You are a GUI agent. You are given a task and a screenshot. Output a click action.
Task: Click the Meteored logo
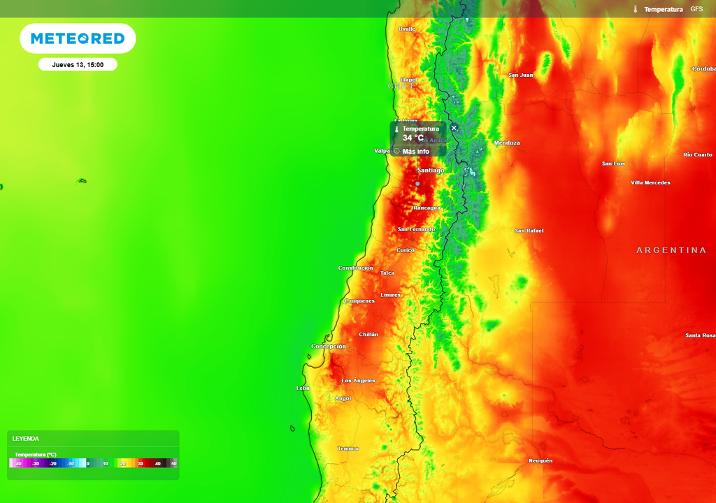point(78,39)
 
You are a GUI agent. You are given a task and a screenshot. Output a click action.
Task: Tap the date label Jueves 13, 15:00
point(78,64)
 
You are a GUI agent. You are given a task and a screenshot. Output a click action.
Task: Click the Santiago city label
point(431,170)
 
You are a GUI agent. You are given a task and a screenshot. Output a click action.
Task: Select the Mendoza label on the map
point(507,143)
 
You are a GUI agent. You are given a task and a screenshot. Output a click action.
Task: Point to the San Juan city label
point(521,75)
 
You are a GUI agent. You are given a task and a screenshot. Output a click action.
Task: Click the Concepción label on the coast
point(329,347)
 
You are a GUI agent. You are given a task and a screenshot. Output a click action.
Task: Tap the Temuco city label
point(348,449)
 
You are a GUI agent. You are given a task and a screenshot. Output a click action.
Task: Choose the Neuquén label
point(540,460)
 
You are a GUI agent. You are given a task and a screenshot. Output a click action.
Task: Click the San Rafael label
point(529,231)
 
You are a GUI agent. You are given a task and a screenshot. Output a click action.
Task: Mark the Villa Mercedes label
point(650,183)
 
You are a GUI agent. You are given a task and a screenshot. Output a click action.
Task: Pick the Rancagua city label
point(427,208)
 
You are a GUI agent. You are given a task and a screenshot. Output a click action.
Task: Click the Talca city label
point(387,273)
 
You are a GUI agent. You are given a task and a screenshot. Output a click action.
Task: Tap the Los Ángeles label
point(358,381)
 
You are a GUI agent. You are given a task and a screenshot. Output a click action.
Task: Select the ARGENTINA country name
point(671,250)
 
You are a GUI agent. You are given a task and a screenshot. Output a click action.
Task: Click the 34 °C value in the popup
point(413,138)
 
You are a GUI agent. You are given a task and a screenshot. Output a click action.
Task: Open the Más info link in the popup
point(415,151)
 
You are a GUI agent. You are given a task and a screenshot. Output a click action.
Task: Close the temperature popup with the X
point(454,128)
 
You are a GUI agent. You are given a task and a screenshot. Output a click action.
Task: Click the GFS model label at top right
point(696,9)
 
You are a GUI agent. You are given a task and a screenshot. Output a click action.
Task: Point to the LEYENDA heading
point(26,439)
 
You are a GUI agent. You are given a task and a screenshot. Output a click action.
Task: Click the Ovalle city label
point(406,29)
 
